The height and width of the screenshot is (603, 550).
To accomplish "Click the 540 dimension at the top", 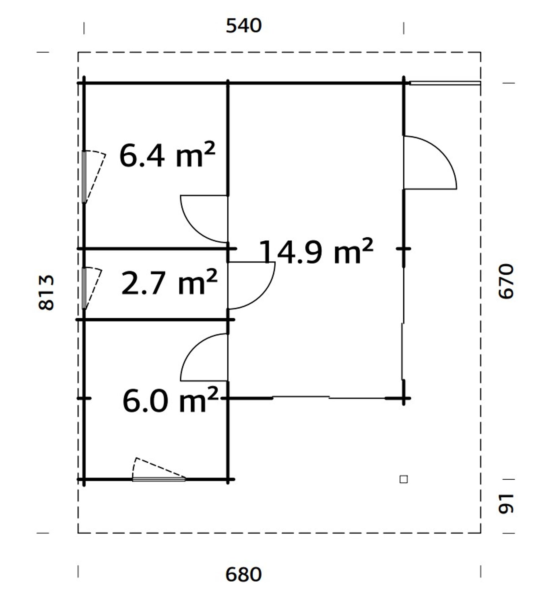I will [244, 26].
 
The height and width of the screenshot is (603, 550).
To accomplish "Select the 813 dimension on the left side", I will [46, 293].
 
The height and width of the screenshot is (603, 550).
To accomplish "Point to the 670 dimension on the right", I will [506, 281].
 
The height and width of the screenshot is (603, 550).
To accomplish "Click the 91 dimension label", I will [506, 503].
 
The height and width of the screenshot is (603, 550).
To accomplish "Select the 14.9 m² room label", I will [316, 252].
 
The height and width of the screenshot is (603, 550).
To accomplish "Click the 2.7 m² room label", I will [169, 283].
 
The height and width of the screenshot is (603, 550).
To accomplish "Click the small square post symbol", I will [403, 479].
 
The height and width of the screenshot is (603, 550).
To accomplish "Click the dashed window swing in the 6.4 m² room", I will [95, 176].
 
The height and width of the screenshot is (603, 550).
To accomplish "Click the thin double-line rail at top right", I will [445, 83].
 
